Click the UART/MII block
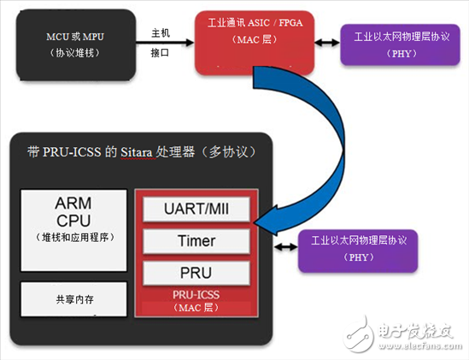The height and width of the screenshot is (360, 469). [196, 210]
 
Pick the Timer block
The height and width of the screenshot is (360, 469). [196, 240]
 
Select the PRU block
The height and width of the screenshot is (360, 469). [196, 273]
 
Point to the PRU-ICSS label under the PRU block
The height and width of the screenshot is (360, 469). [196, 295]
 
